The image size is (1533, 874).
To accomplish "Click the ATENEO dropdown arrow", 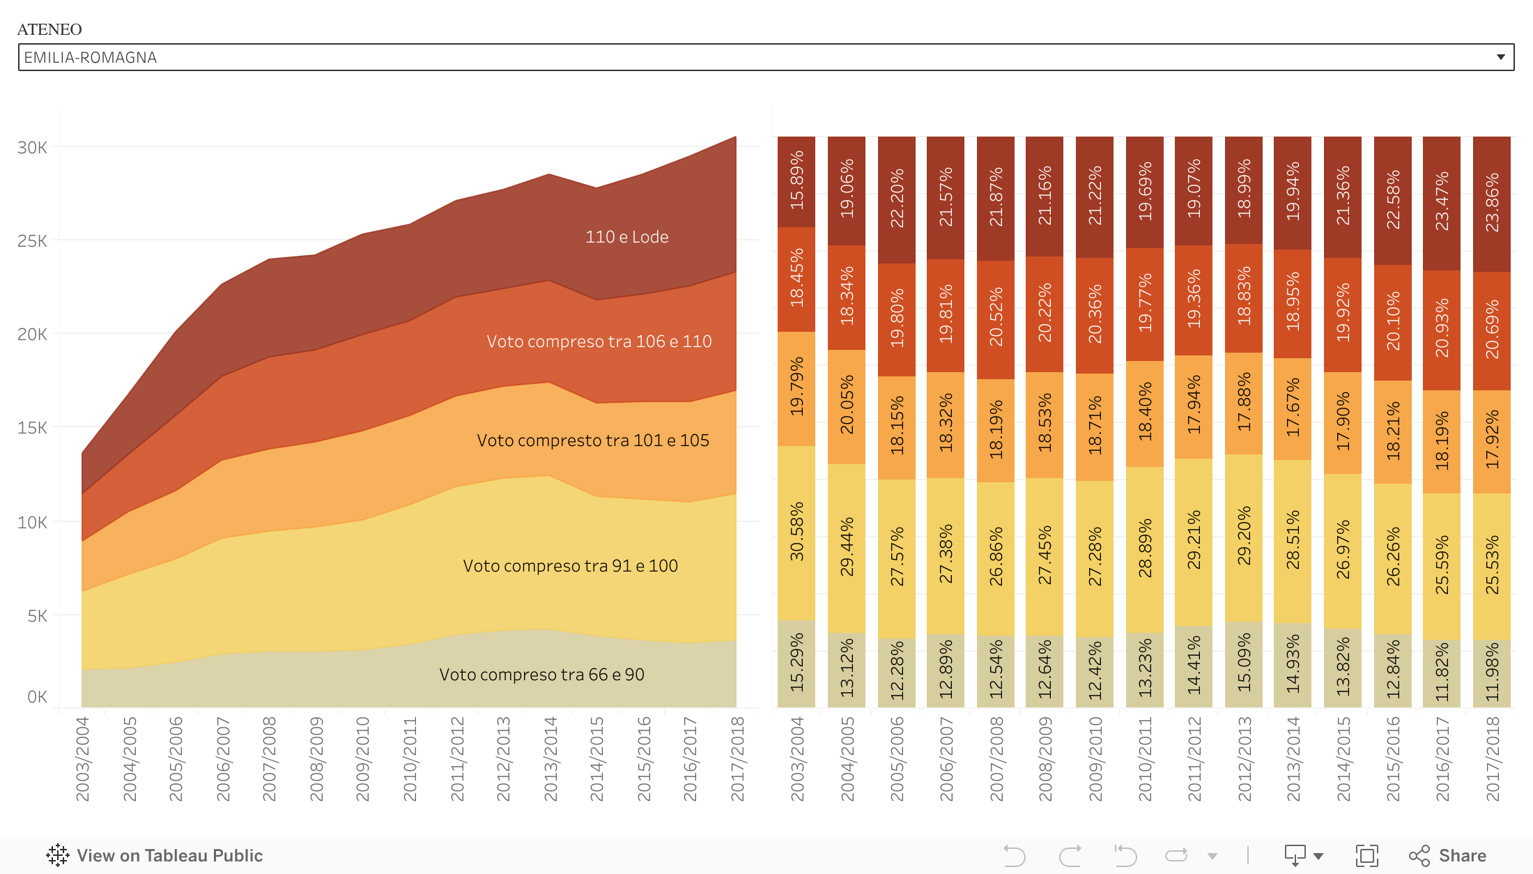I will (1500, 57).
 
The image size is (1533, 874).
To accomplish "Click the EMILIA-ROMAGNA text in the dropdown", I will (91, 57).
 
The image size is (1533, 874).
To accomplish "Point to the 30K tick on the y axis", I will (33, 148).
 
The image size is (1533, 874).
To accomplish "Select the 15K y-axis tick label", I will (33, 428).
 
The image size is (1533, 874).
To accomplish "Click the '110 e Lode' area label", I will (626, 237).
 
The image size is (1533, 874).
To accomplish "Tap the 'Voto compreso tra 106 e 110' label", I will (599, 342).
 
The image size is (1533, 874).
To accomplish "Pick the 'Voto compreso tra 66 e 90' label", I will (541, 675).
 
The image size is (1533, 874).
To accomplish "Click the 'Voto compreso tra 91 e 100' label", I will (570, 566).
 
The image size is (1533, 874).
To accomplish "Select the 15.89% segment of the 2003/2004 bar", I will (796, 181).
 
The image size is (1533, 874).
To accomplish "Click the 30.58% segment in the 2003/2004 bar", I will (796, 532).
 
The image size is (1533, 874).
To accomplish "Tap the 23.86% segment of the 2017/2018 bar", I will (1492, 204).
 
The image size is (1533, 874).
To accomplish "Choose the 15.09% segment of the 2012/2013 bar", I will (1244, 664).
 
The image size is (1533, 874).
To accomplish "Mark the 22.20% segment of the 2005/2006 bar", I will (897, 199).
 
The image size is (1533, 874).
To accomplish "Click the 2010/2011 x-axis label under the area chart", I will (410, 759).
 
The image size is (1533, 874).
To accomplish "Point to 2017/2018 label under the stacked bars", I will (1492, 759).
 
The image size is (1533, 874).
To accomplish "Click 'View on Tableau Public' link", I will (155, 855).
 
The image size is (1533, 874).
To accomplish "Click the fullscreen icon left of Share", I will (1366, 855).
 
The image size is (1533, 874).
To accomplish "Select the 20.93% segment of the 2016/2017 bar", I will (1442, 330).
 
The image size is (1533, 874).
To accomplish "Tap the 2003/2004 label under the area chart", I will (82, 759).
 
